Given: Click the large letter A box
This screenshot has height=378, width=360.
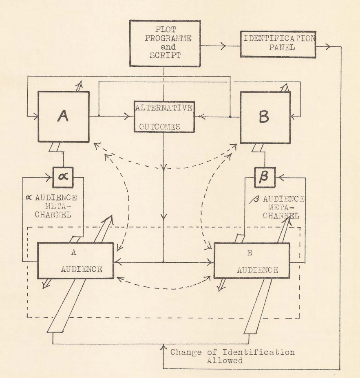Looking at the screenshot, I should coord(64,116).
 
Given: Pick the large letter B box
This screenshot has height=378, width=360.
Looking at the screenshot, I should coord(265,117).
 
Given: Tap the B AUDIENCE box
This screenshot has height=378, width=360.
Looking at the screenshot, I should coord(252,261).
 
